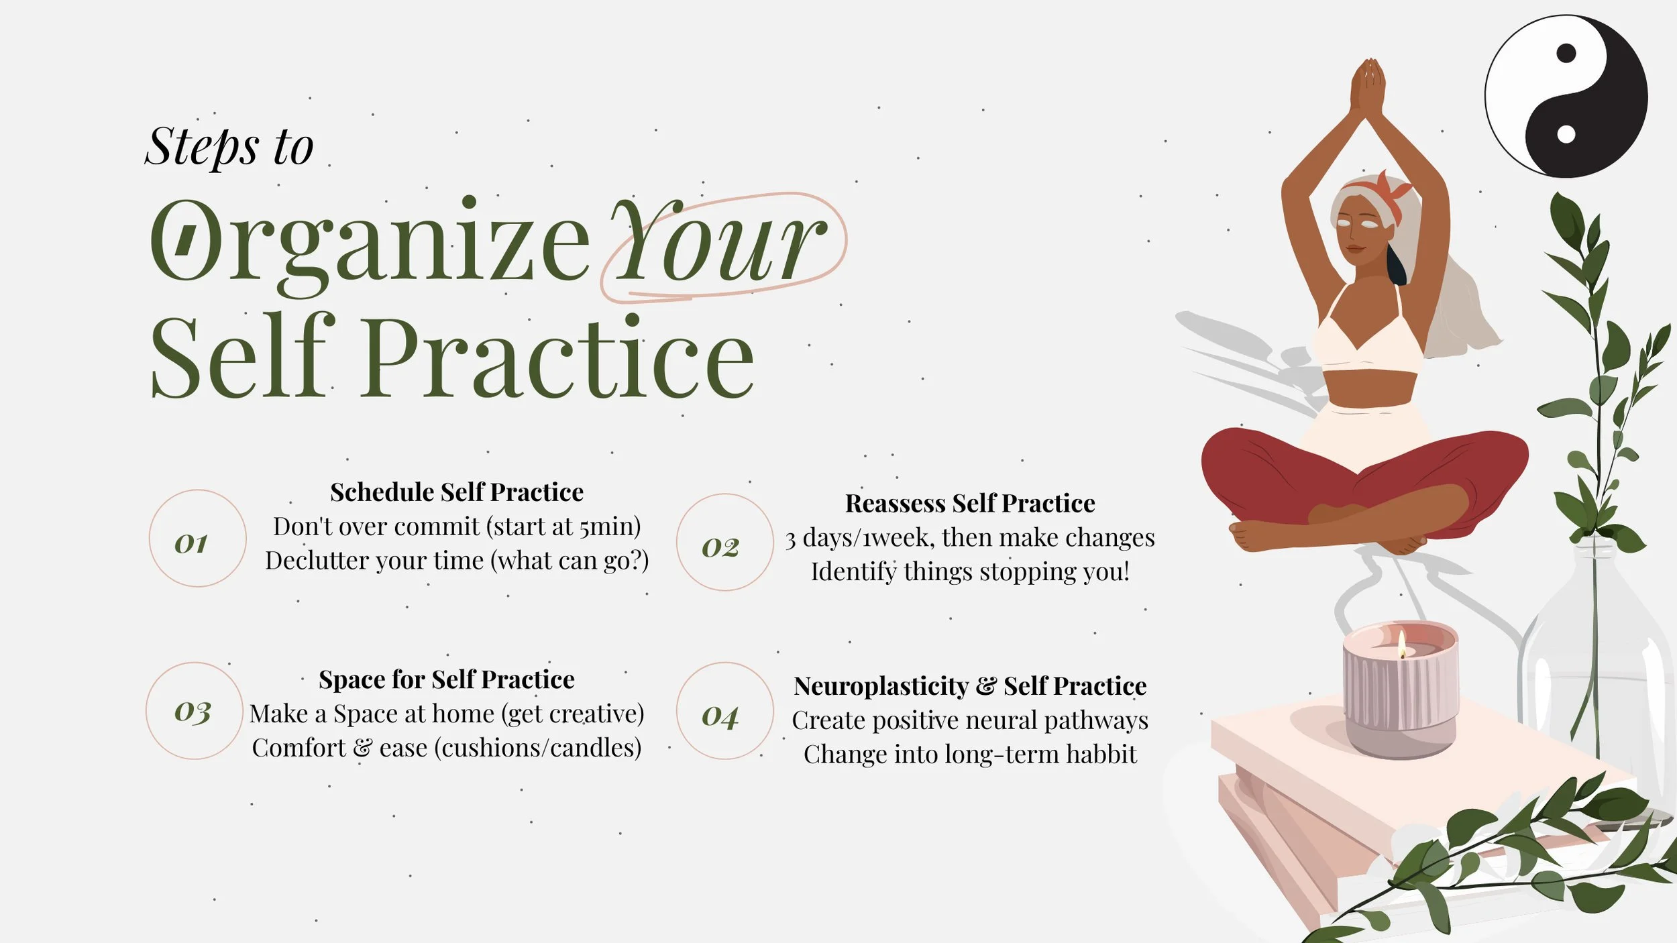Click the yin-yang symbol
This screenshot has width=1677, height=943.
pyautogui.click(x=1566, y=96)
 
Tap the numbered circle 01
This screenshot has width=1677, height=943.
pyautogui.click(x=197, y=539)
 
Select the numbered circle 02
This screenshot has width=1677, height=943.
pyautogui.click(x=724, y=543)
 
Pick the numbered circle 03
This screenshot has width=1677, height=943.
pyautogui.click(x=195, y=711)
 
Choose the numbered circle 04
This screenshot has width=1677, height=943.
pyautogui.click(x=724, y=711)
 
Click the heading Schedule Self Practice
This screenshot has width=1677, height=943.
pyautogui.click(x=457, y=492)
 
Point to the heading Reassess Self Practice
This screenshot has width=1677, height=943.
pyautogui.click(x=970, y=503)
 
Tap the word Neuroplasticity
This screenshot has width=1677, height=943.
pyautogui.click(x=881, y=686)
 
